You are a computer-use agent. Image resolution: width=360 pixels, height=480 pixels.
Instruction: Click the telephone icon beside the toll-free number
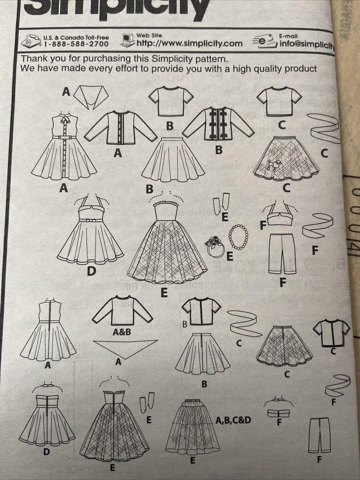31,41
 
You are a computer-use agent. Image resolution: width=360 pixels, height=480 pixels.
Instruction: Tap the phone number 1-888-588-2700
76,44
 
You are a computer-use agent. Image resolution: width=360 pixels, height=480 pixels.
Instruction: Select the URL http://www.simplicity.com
189,44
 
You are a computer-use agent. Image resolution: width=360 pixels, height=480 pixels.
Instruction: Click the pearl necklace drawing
238,234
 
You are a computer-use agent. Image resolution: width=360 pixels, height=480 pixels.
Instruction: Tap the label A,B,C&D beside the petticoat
233,420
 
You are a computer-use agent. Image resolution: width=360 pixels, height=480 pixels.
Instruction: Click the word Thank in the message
35,59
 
